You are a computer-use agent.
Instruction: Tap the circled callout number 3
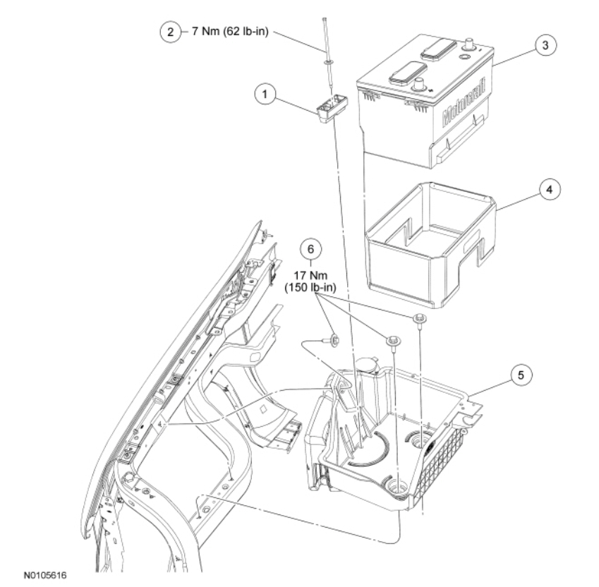(x=543, y=44)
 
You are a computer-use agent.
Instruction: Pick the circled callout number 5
(x=521, y=375)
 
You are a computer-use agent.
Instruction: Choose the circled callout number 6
(x=308, y=248)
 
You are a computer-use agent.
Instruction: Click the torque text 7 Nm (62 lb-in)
(x=225, y=32)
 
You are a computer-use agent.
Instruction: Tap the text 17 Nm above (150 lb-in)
(x=308, y=275)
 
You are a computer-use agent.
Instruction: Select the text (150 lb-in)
(x=308, y=287)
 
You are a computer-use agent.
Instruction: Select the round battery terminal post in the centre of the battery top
(x=420, y=85)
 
